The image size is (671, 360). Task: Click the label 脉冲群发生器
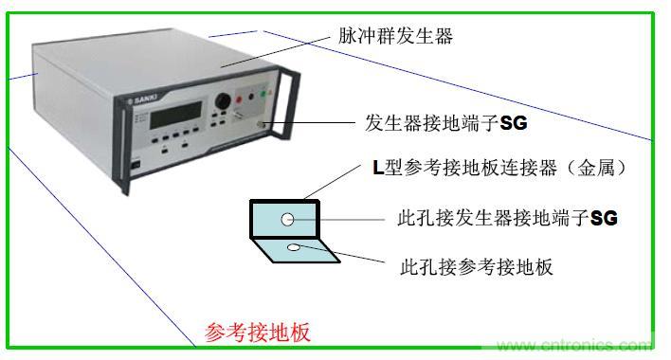click(395, 35)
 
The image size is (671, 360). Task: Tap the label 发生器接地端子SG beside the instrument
click(445, 123)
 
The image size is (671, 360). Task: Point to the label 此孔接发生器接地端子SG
click(508, 218)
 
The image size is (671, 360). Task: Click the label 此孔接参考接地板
click(477, 267)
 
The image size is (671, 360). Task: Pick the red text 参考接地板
click(257, 333)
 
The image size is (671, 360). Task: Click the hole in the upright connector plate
click(287, 220)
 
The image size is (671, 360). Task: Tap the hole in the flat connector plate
click(294, 247)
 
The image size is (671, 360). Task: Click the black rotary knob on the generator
click(223, 101)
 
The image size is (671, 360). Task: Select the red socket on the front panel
click(239, 99)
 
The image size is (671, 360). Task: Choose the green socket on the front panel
click(263, 94)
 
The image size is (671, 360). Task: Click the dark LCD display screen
click(175, 115)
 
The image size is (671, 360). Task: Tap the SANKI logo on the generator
click(143, 100)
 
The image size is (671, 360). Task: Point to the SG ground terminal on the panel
click(261, 124)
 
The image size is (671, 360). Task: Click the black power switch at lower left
click(136, 165)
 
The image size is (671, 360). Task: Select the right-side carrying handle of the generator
click(284, 103)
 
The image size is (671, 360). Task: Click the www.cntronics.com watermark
click(572, 345)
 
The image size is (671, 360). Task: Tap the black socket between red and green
click(252, 97)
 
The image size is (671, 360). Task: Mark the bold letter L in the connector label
click(378, 168)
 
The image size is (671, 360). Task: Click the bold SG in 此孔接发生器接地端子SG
click(605, 219)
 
